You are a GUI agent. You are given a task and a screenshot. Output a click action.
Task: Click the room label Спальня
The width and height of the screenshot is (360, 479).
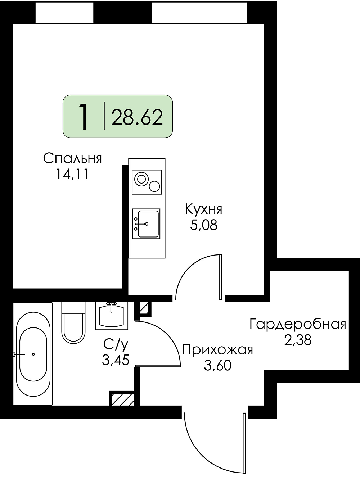[x=72, y=158]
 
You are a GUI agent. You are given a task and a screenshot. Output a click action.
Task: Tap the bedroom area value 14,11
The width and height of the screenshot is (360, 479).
[x=72, y=175]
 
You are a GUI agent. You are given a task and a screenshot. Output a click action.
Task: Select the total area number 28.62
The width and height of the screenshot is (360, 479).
[x=137, y=117]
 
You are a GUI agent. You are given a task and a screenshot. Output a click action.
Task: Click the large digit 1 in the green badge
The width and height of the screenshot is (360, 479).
[x=84, y=117]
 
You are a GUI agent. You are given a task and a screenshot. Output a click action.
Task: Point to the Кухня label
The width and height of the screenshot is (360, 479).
[x=204, y=209]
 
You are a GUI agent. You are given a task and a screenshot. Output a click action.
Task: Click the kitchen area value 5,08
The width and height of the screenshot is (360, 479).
[x=204, y=225]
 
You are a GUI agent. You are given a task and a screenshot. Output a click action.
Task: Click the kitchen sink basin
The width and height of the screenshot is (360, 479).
[x=148, y=224]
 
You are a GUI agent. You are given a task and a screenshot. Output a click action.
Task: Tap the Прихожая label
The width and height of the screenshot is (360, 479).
[x=218, y=350]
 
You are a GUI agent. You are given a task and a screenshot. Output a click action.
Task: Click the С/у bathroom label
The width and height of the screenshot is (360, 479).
[x=116, y=344]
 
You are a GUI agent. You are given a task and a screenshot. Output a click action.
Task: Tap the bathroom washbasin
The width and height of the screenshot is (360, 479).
[x=112, y=315]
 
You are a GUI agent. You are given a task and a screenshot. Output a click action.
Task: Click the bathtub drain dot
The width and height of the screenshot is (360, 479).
[x=33, y=354]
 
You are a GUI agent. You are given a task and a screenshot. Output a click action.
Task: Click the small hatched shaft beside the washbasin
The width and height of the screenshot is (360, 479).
[x=144, y=308]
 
